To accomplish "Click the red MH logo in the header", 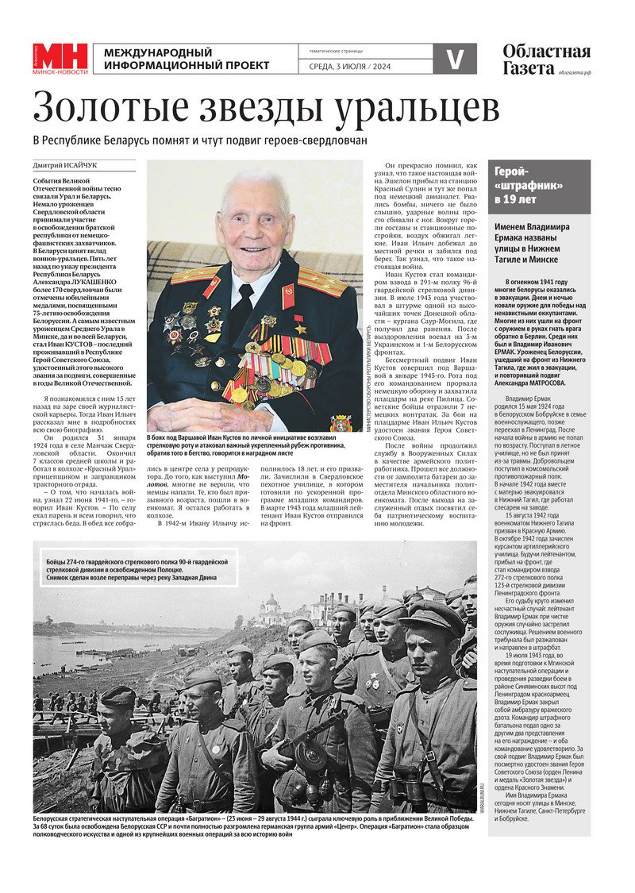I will coord(60,58).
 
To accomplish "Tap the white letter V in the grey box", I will coord(455,59).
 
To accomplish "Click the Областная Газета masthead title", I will coord(546,60).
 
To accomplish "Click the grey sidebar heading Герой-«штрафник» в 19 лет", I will coord(528,186).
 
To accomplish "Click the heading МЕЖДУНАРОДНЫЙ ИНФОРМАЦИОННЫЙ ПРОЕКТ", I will coord(187,59).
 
